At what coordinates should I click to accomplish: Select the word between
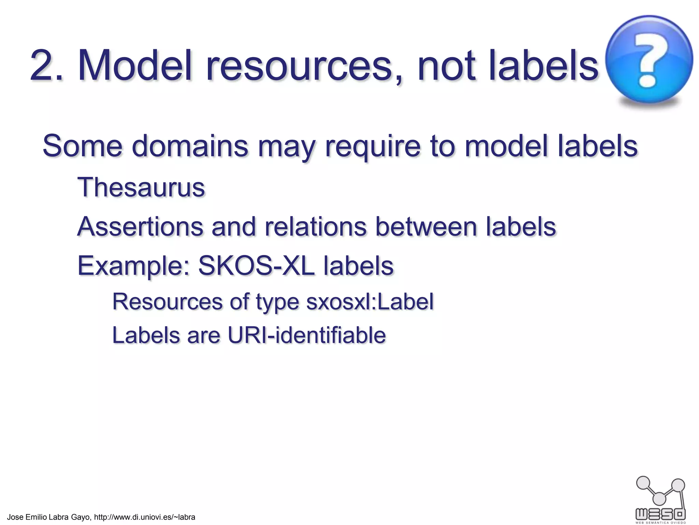point(426,227)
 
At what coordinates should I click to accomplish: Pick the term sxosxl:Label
point(370,302)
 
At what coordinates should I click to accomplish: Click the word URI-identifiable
point(306,335)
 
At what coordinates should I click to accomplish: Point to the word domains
point(190,146)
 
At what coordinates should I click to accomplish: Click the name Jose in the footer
point(15,517)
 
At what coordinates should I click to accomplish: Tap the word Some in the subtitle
point(82,146)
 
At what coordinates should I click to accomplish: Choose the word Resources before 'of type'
point(168,302)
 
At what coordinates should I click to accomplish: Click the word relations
point(315,227)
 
